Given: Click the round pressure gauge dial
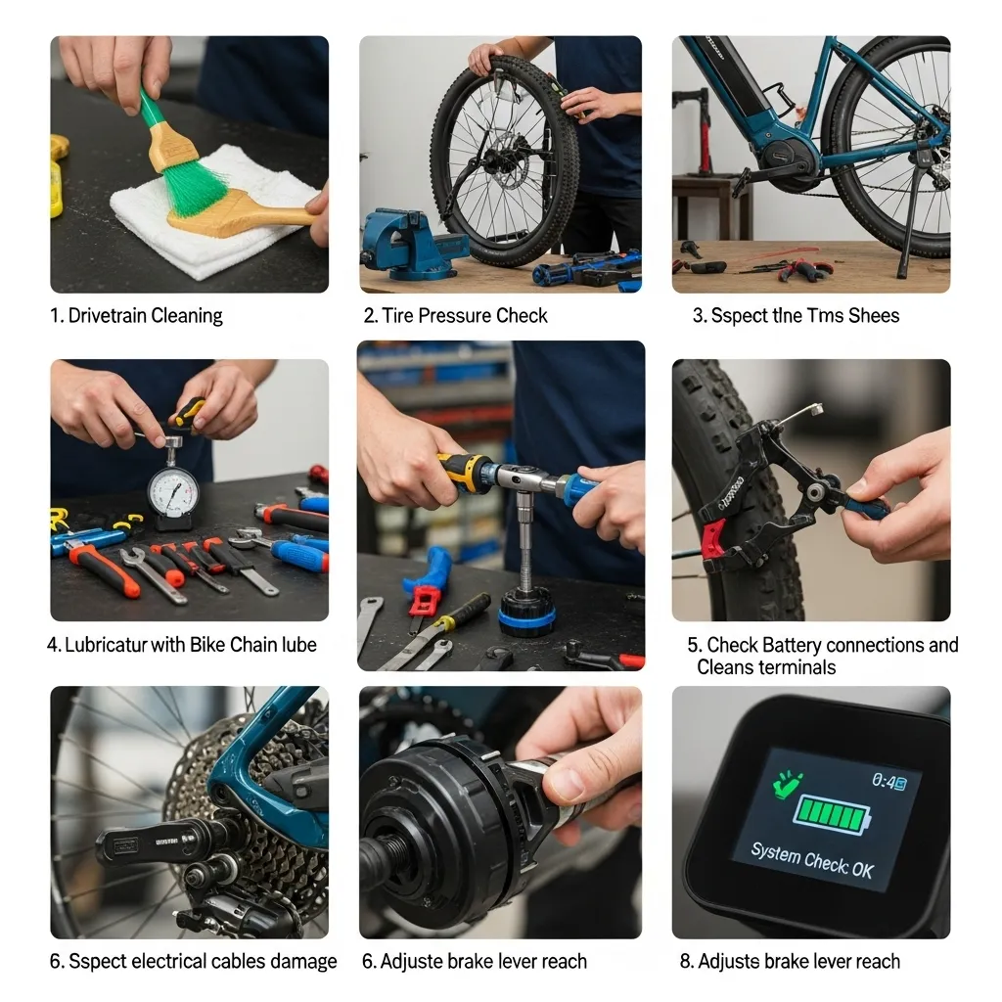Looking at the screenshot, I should pos(172,487).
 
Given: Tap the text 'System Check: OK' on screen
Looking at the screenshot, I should pos(812,860).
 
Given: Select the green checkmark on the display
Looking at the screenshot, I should pos(787,784).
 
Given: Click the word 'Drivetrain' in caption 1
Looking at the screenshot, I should pos(114,316).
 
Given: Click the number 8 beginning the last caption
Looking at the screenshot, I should pos(685,962).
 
